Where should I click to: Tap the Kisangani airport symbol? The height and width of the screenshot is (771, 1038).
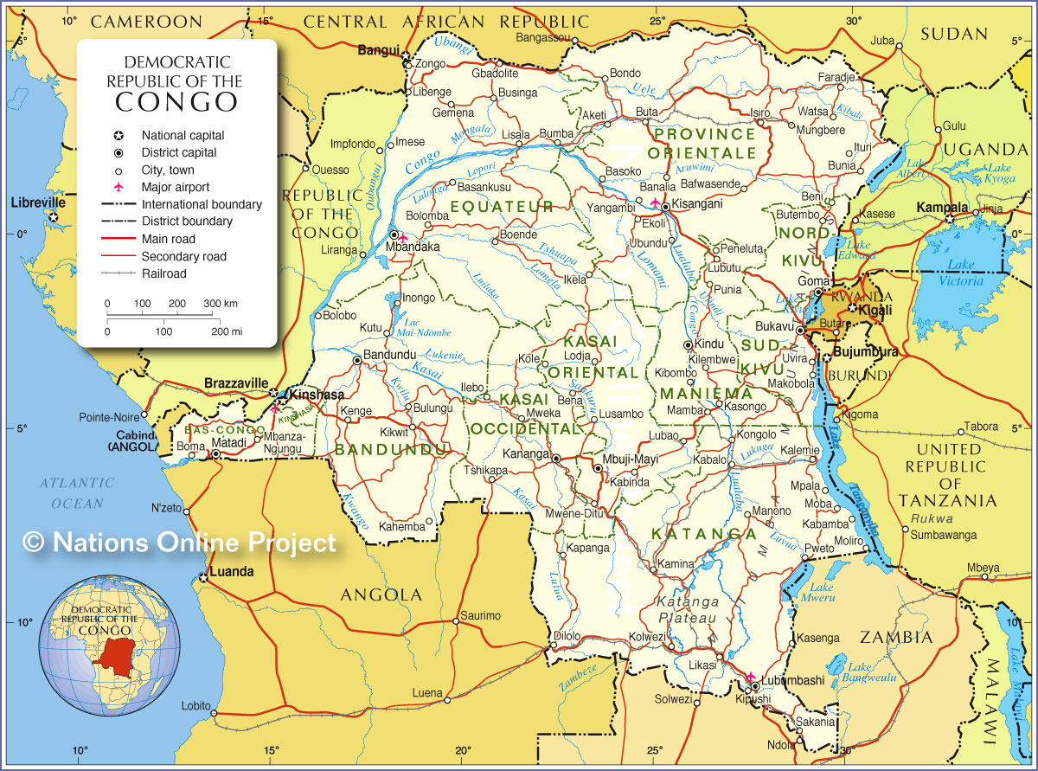tap(655, 203)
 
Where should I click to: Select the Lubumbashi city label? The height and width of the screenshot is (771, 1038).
tap(792, 680)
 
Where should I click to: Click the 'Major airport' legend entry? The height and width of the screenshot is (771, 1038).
tap(176, 187)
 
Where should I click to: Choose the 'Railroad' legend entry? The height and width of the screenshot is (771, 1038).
tap(164, 273)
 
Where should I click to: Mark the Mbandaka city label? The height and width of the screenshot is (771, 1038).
tap(413, 247)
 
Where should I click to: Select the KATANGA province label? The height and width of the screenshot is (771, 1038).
tap(704, 533)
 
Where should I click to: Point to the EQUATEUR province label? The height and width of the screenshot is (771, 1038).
tap(501, 206)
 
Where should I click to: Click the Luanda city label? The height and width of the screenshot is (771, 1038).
tap(231, 571)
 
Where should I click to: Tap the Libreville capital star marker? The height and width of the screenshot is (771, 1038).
tap(54, 216)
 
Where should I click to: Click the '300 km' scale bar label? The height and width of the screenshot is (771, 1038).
tap(220, 304)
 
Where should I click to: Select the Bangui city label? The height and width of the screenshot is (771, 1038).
tap(379, 50)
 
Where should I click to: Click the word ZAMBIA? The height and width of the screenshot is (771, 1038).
tap(896, 638)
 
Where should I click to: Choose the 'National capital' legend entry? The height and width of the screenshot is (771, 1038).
tap(183, 135)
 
